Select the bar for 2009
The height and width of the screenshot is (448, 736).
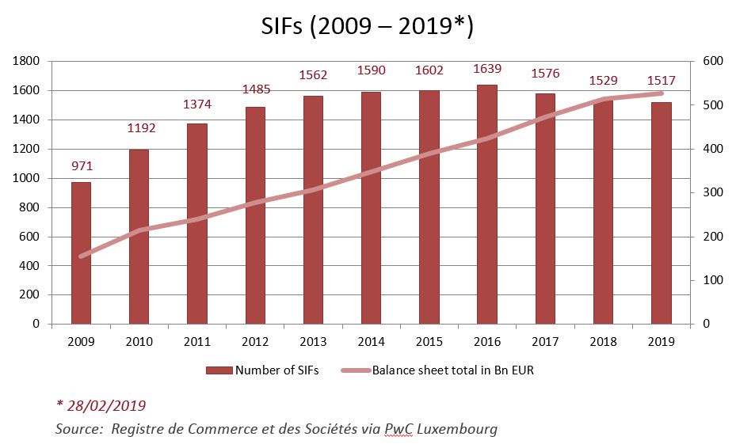81,253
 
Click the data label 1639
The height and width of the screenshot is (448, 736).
487,69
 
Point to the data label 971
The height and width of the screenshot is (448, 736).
81,166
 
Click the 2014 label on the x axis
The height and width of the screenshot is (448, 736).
372,342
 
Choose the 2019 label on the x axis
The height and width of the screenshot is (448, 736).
662,342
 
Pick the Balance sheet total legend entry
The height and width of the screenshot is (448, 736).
452,370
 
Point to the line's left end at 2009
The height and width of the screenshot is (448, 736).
81,256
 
